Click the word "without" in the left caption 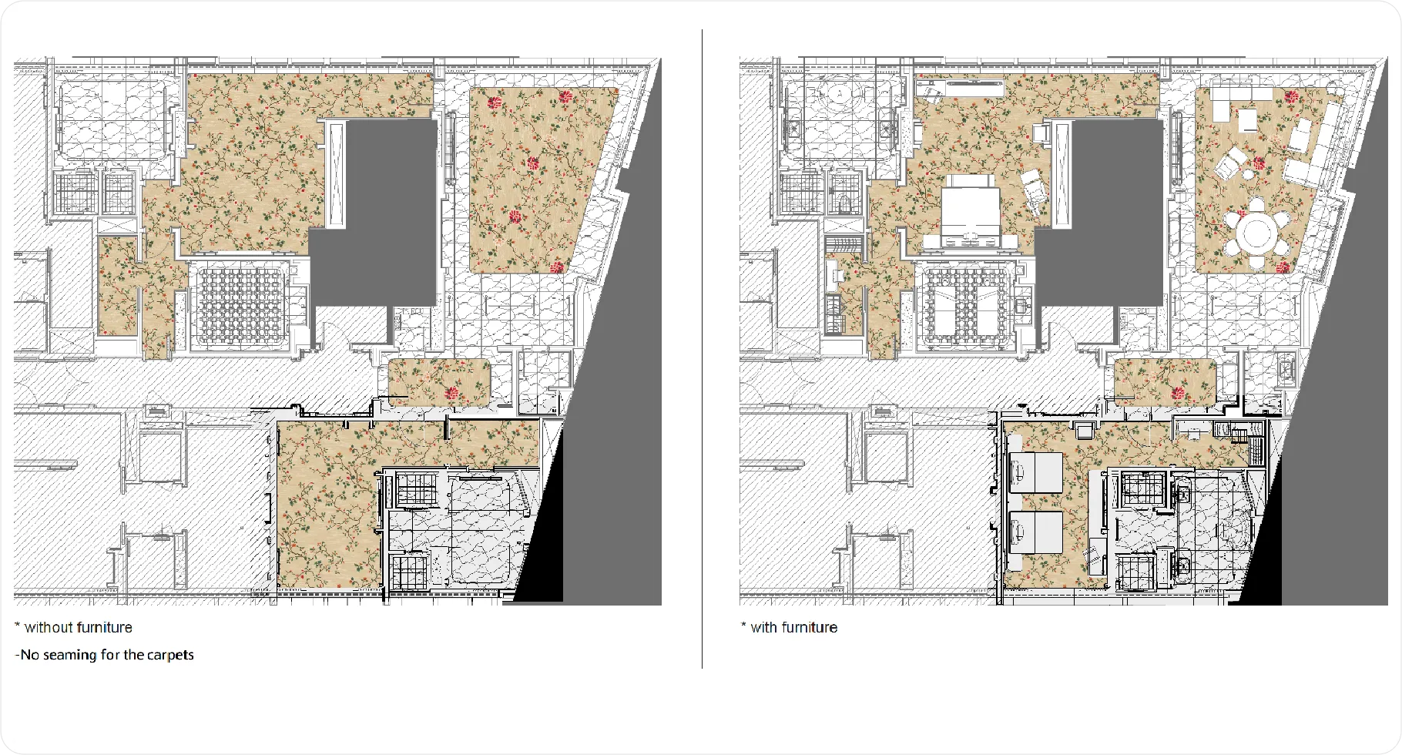(x=48, y=628)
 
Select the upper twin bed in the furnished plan (x=1036, y=473)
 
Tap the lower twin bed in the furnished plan (x=1036, y=532)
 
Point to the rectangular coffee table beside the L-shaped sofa (x=1247, y=119)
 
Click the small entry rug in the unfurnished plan (x=440, y=382)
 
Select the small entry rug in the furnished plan (x=1166, y=382)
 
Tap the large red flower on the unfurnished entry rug (x=453, y=394)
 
